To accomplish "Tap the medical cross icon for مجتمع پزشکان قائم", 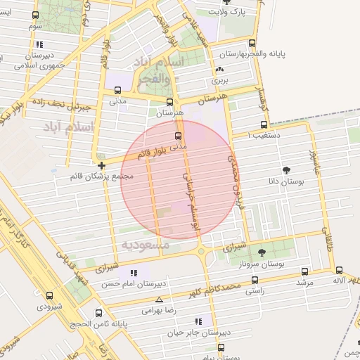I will [102, 165].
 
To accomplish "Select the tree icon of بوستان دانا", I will [286, 170].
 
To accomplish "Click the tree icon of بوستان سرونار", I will [262, 252].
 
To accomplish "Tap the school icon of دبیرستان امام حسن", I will [134, 272].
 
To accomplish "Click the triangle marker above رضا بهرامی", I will [159, 300].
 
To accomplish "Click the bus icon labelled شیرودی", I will [49, 295].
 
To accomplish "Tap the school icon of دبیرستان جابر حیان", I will [198, 321].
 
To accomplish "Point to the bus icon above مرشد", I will [304, 271].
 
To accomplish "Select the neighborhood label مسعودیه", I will [146, 245].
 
